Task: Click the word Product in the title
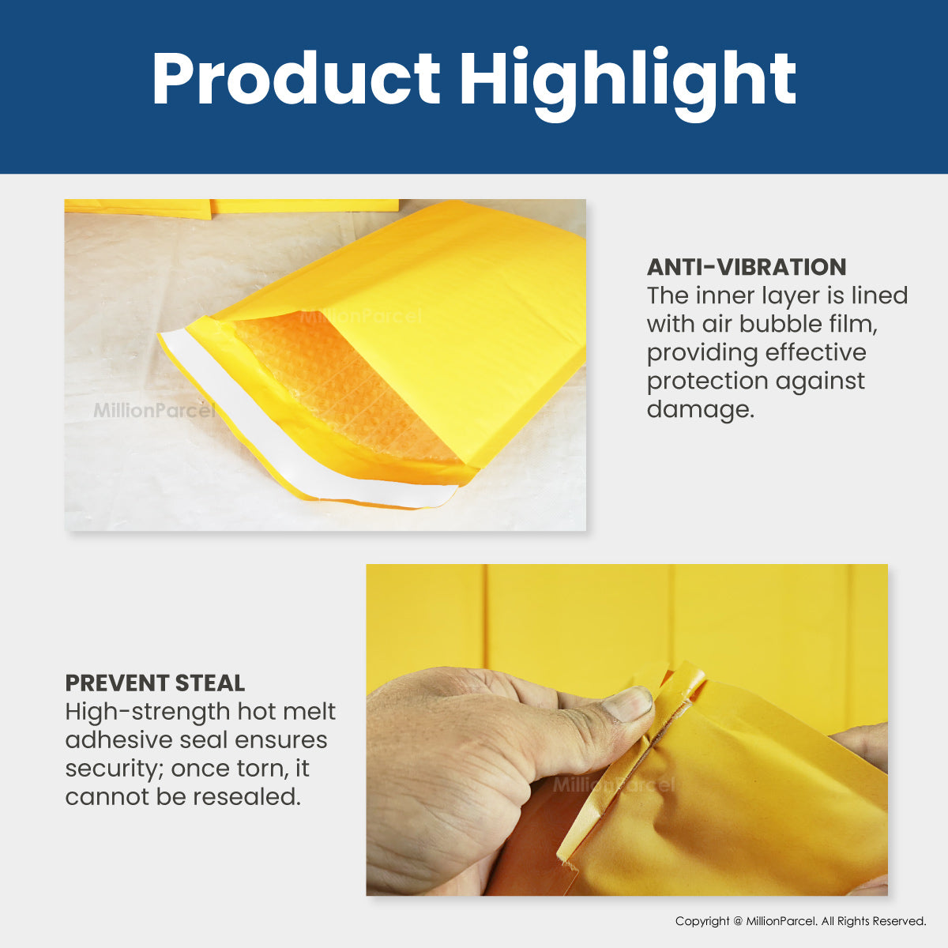pos(296,77)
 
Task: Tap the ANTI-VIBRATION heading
pos(747,267)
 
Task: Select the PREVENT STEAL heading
pos(155,683)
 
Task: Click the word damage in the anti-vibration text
pos(701,409)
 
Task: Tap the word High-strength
pos(148,712)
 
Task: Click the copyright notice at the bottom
pos(800,921)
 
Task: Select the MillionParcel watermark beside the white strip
pos(155,410)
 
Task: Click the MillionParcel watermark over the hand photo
pos(614,784)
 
